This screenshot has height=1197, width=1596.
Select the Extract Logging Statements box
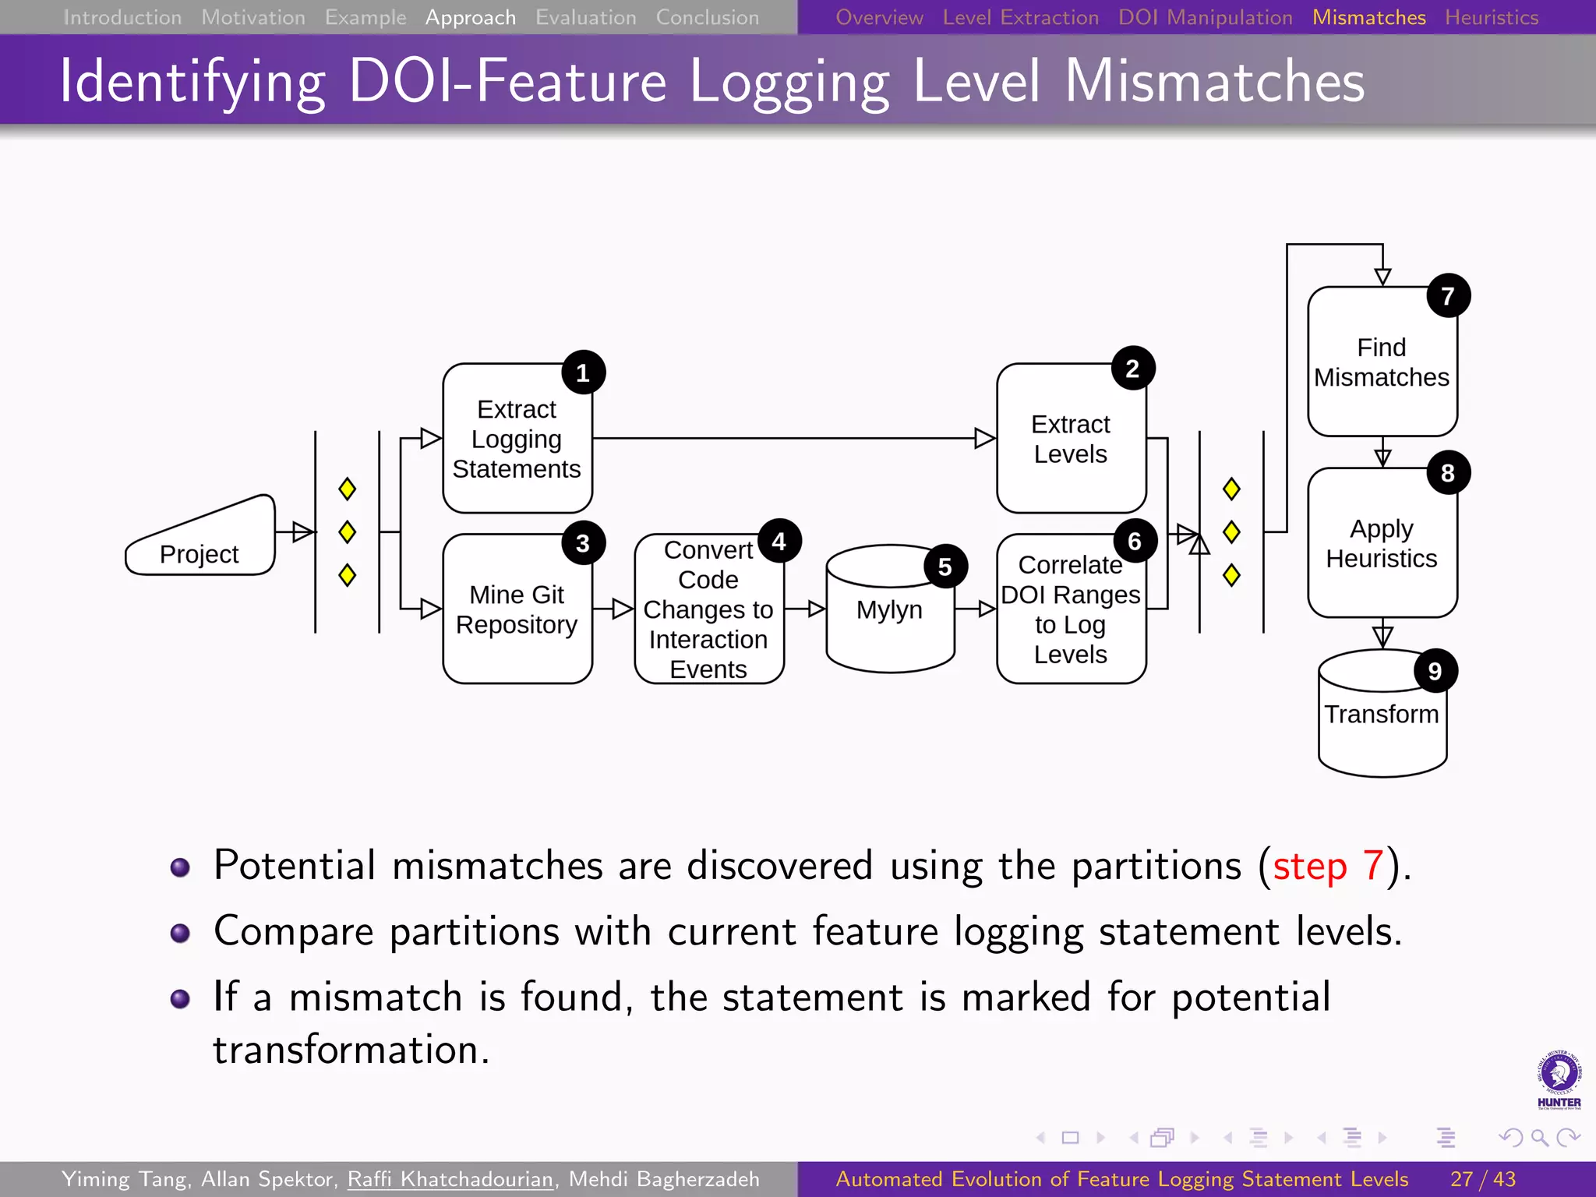point(517,439)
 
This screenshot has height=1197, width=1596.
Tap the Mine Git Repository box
point(517,609)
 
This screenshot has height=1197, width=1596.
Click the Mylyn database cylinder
point(889,609)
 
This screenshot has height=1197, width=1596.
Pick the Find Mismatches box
point(1382,362)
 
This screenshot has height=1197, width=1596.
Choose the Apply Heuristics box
point(1382,544)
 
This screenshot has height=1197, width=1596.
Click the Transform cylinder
point(1382,715)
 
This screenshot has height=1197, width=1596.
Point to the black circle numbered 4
point(779,541)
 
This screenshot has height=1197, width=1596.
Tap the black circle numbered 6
point(1134,541)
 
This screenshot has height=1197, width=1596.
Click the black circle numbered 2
point(1132,369)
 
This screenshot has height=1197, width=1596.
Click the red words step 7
point(1328,866)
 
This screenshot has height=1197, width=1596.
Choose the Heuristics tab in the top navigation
point(1491,17)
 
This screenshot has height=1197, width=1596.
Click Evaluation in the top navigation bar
point(585,17)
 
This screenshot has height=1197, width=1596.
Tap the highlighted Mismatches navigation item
point(1368,17)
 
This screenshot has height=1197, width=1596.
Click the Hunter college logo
point(1559,1079)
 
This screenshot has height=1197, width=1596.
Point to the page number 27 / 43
point(1483,1179)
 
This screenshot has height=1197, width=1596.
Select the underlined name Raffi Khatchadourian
point(450,1179)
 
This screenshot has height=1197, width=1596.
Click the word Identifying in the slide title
point(192,82)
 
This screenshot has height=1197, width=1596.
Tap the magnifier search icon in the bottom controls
point(1539,1138)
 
